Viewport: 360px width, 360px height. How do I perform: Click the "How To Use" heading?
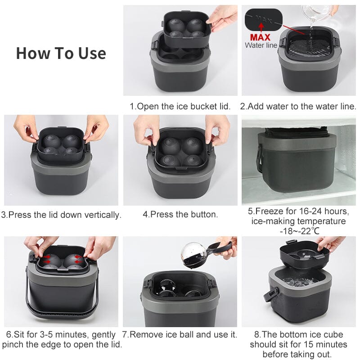[61, 53]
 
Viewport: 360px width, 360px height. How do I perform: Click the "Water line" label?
[261, 45]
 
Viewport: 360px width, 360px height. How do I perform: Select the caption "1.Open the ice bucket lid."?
[180, 107]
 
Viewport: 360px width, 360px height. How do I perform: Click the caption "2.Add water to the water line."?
[298, 107]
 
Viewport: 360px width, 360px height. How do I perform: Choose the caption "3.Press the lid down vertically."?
[61, 215]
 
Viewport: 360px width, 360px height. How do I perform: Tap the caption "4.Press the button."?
[180, 215]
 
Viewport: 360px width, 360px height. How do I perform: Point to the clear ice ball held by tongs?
[194, 256]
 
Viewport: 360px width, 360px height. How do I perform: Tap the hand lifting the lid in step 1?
[223, 17]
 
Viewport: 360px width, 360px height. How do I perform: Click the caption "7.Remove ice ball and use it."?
[180, 335]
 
